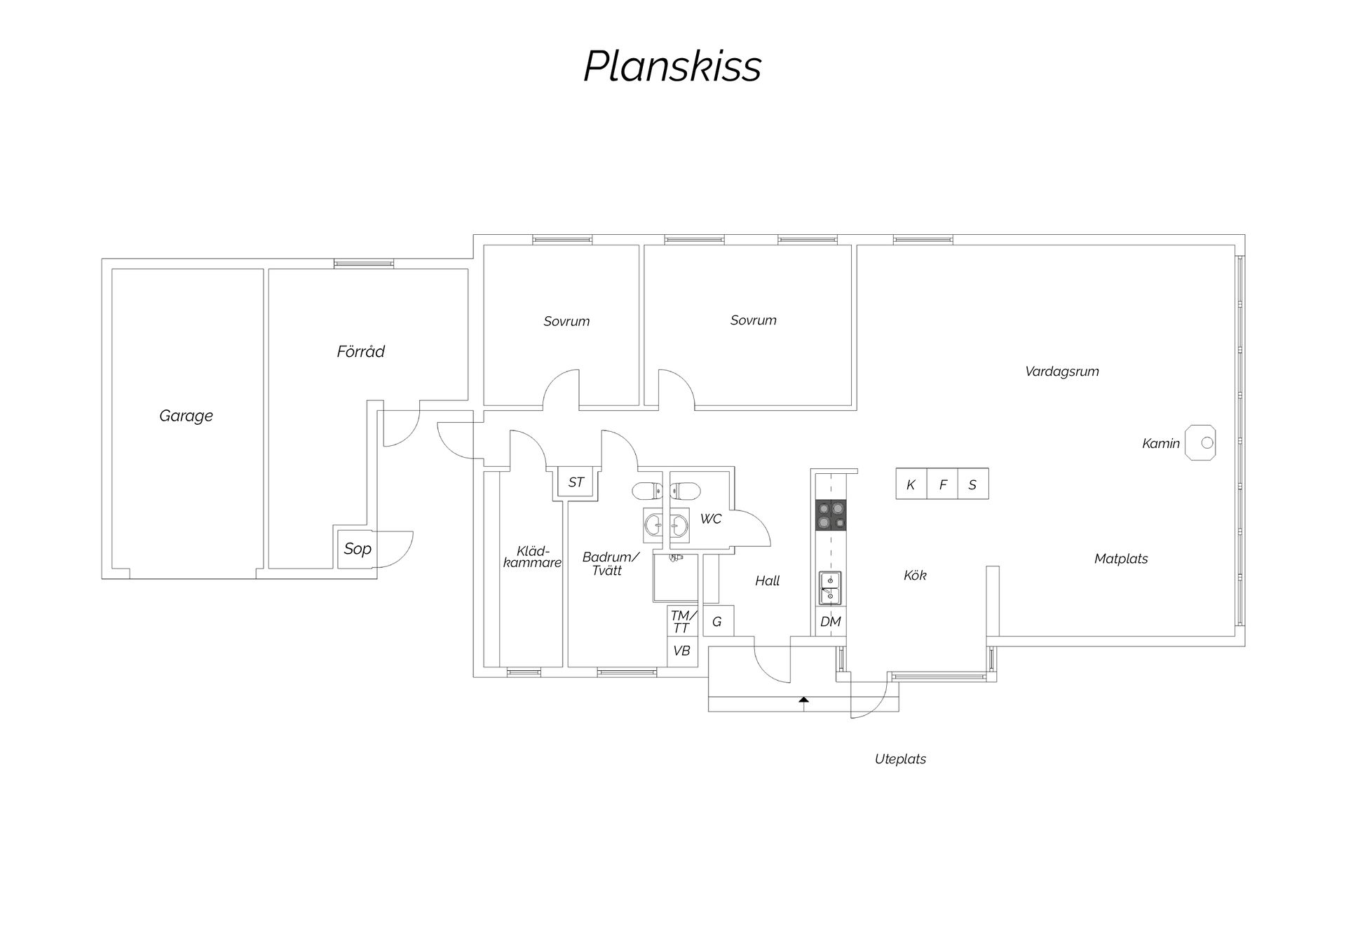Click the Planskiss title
click(672, 67)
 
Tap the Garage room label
click(186, 416)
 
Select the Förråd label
click(360, 351)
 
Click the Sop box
click(357, 548)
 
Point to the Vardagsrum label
click(1061, 372)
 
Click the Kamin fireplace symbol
click(1200, 443)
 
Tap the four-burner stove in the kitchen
click(831, 515)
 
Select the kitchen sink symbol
click(830, 588)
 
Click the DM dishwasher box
click(830, 621)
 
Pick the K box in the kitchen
click(911, 484)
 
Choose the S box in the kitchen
click(973, 484)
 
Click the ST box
click(576, 482)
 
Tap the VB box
click(681, 651)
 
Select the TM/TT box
click(681, 621)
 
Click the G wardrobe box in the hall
click(718, 621)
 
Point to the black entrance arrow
click(803, 699)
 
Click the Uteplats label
click(900, 759)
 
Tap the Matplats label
click(1121, 559)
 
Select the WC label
click(711, 519)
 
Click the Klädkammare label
click(532, 557)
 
